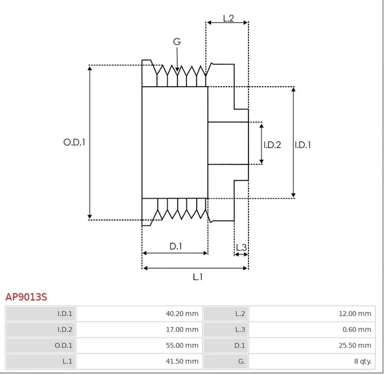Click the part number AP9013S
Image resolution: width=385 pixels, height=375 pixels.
(x=26, y=297)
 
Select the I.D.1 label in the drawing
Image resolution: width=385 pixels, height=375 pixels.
(x=303, y=145)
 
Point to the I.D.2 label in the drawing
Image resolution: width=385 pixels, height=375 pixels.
(x=272, y=145)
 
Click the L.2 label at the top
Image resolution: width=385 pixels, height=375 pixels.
(x=228, y=18)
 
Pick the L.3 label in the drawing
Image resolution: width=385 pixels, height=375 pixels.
(x=241, y=248)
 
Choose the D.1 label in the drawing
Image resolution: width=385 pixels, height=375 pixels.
(x=176, y=246)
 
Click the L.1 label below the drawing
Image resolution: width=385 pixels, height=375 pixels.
(x=197, y=277)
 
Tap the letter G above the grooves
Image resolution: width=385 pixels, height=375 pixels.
(x=177, y=42)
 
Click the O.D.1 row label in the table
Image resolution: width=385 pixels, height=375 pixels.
(x=64, y=346)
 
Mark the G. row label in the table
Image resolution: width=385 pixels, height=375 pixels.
(x=241, y=362)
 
